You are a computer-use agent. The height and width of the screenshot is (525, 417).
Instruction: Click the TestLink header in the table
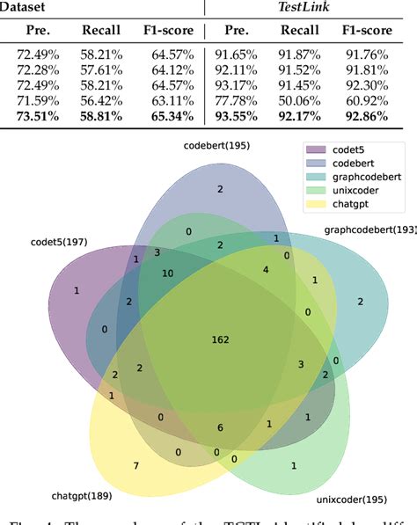pyautogui.click(x=311, y=8)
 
